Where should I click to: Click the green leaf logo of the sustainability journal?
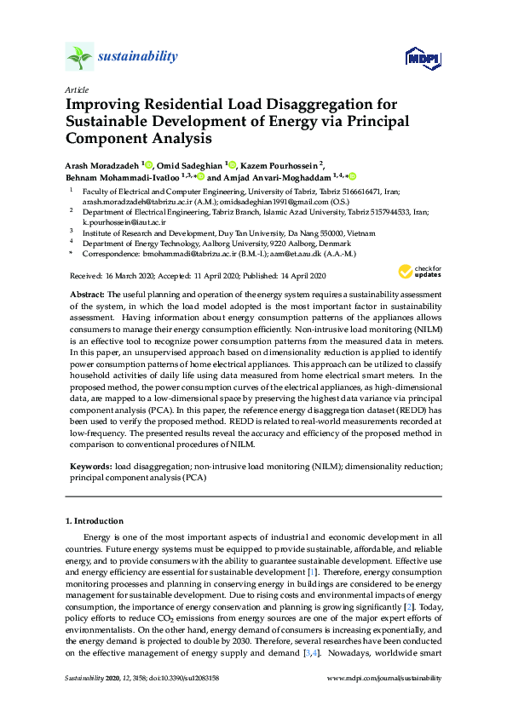coord(79,57)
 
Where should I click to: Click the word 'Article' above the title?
coord(77,89)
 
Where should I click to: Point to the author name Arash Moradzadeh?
coord(105,164)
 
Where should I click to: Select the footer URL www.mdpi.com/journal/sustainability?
coord(384,678)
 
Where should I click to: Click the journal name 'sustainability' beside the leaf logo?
coord(138,56)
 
